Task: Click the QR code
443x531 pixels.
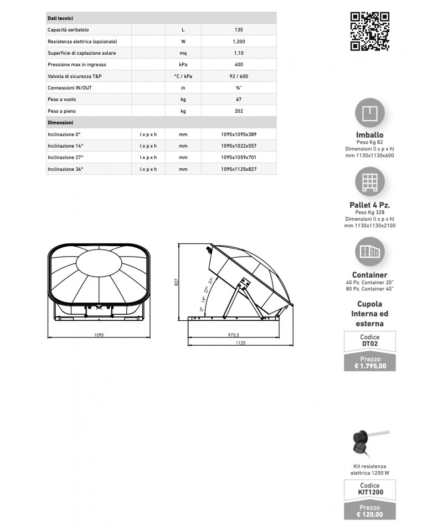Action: [370, 31]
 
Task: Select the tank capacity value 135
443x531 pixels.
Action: [239, 29]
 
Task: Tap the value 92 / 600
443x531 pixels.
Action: [239, 76]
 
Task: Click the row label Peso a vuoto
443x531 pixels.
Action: [62, 99]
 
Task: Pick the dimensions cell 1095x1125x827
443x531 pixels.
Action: [239, 169]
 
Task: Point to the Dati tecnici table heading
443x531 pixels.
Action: [60, 18]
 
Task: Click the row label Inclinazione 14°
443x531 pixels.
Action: [66, 145]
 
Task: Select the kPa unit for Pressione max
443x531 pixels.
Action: [183, 64]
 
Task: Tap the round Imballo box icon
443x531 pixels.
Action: [370, 114]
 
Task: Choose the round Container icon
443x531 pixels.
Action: [370, 252]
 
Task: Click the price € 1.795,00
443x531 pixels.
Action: [370, 366]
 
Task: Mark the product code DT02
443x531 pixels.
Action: [370, 343]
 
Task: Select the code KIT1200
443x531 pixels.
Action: [370, 491]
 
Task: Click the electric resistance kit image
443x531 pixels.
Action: [369, 442]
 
